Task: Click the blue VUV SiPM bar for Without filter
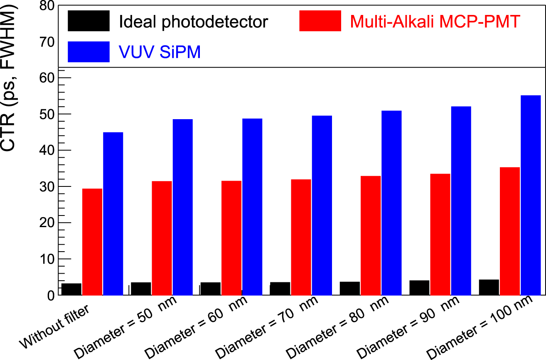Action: coord(113,213)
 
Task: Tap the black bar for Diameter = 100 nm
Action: coord(489,287)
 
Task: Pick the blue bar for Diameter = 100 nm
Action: coord(531,195)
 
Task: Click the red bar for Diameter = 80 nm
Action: coord(371,235)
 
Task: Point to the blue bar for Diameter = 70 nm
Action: coord(322,205)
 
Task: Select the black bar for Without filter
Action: coord(71,289)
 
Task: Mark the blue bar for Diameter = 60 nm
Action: coord(252,207)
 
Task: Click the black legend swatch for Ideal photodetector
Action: coord(89,21)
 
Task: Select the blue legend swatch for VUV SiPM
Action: coord(89,52)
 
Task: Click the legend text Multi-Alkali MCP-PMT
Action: coord(435,21)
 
